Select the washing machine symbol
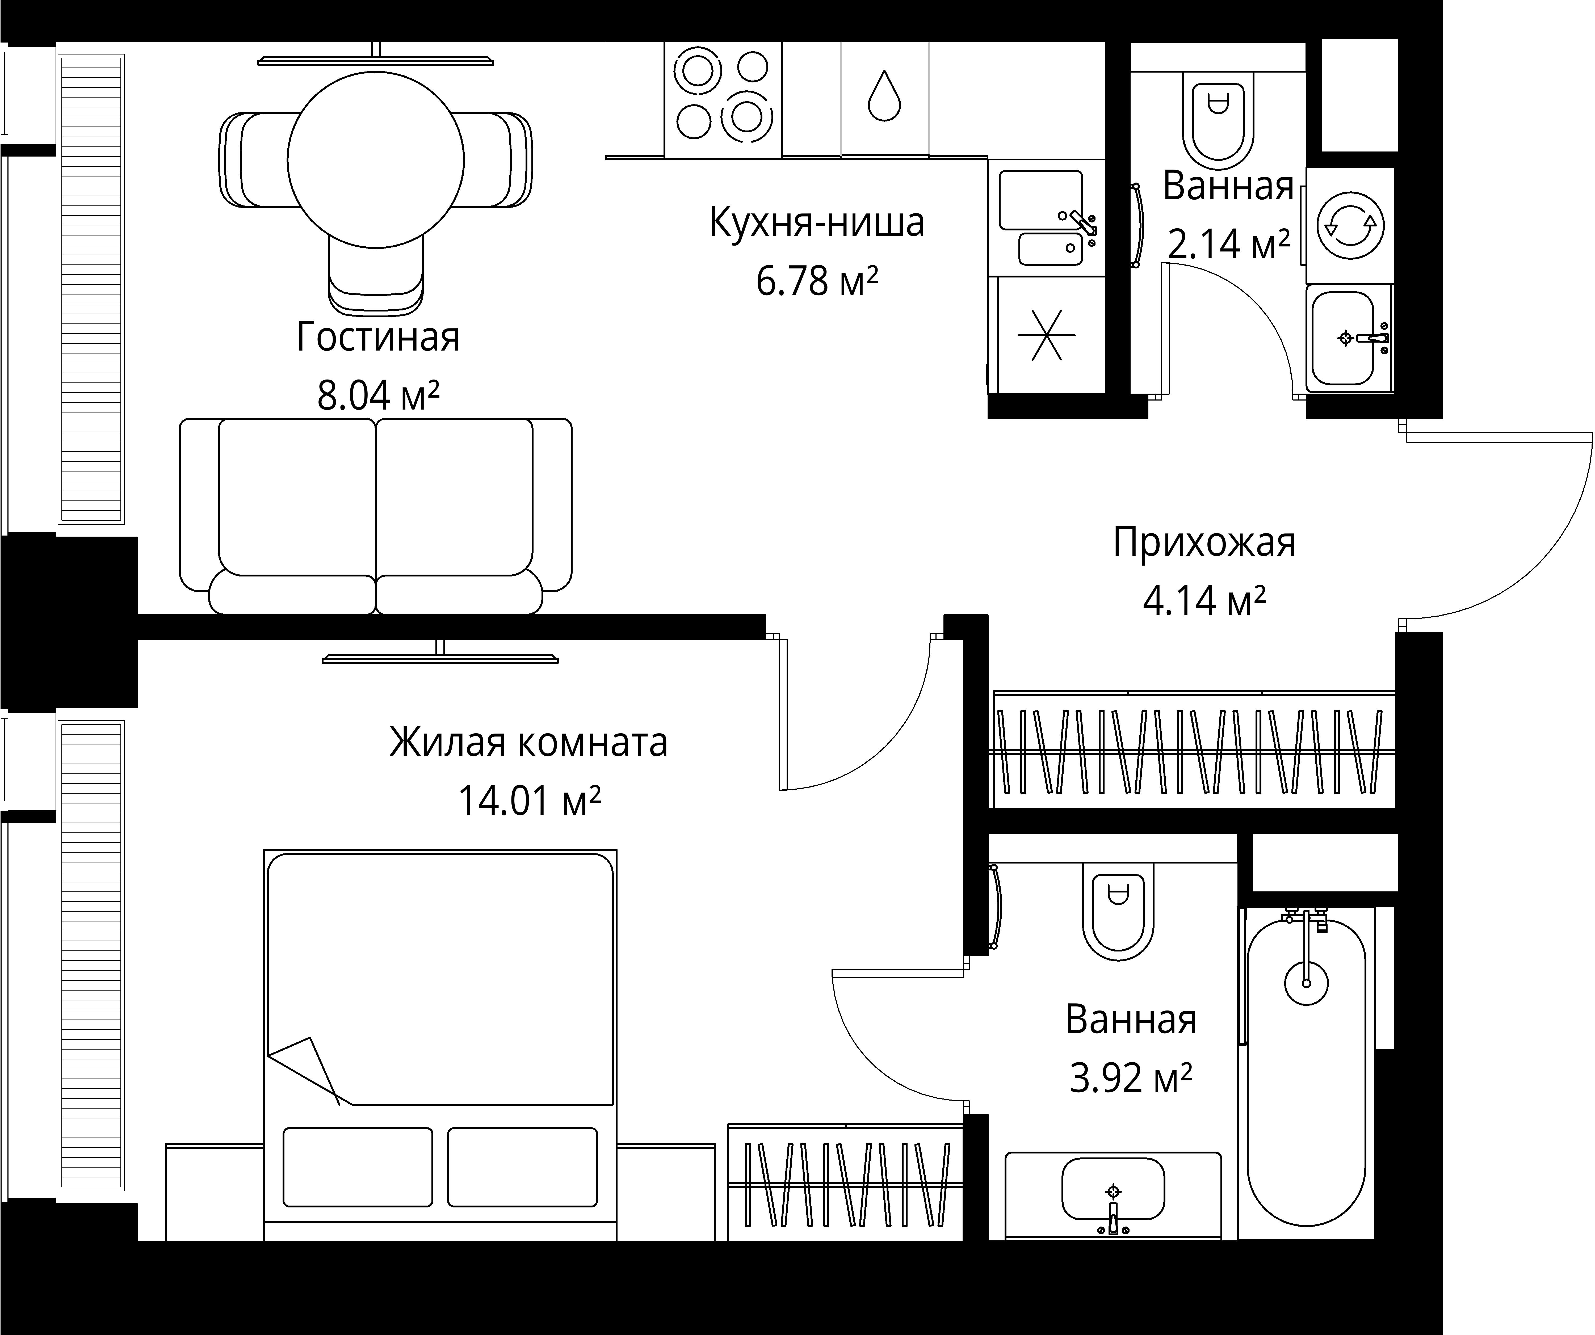(1350, 226)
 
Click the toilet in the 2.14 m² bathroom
(1218, 125)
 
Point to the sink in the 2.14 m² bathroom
(1343, 338)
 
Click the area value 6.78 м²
(817, 281)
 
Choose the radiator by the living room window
(91, 289)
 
